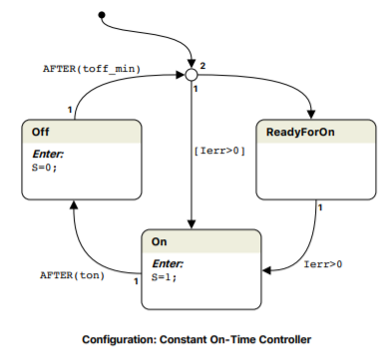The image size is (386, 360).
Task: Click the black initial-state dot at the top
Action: [x=101, y=15]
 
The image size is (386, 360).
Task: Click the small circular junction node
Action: [x=191, y=74]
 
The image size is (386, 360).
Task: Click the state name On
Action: [x=160, y=241]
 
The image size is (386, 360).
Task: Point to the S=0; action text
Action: [x=42, y=168]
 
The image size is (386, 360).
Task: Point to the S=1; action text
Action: [x=163, y=278]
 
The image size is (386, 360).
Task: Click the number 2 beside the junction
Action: [x=202, y=65]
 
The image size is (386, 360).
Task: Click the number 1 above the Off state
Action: [x=69, y=108]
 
